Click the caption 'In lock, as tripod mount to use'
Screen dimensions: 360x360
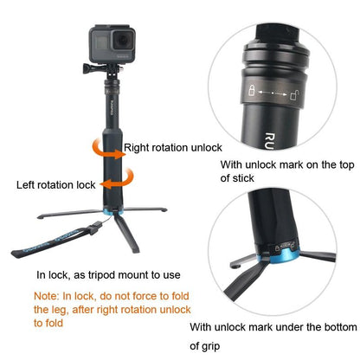coord(108,275)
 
